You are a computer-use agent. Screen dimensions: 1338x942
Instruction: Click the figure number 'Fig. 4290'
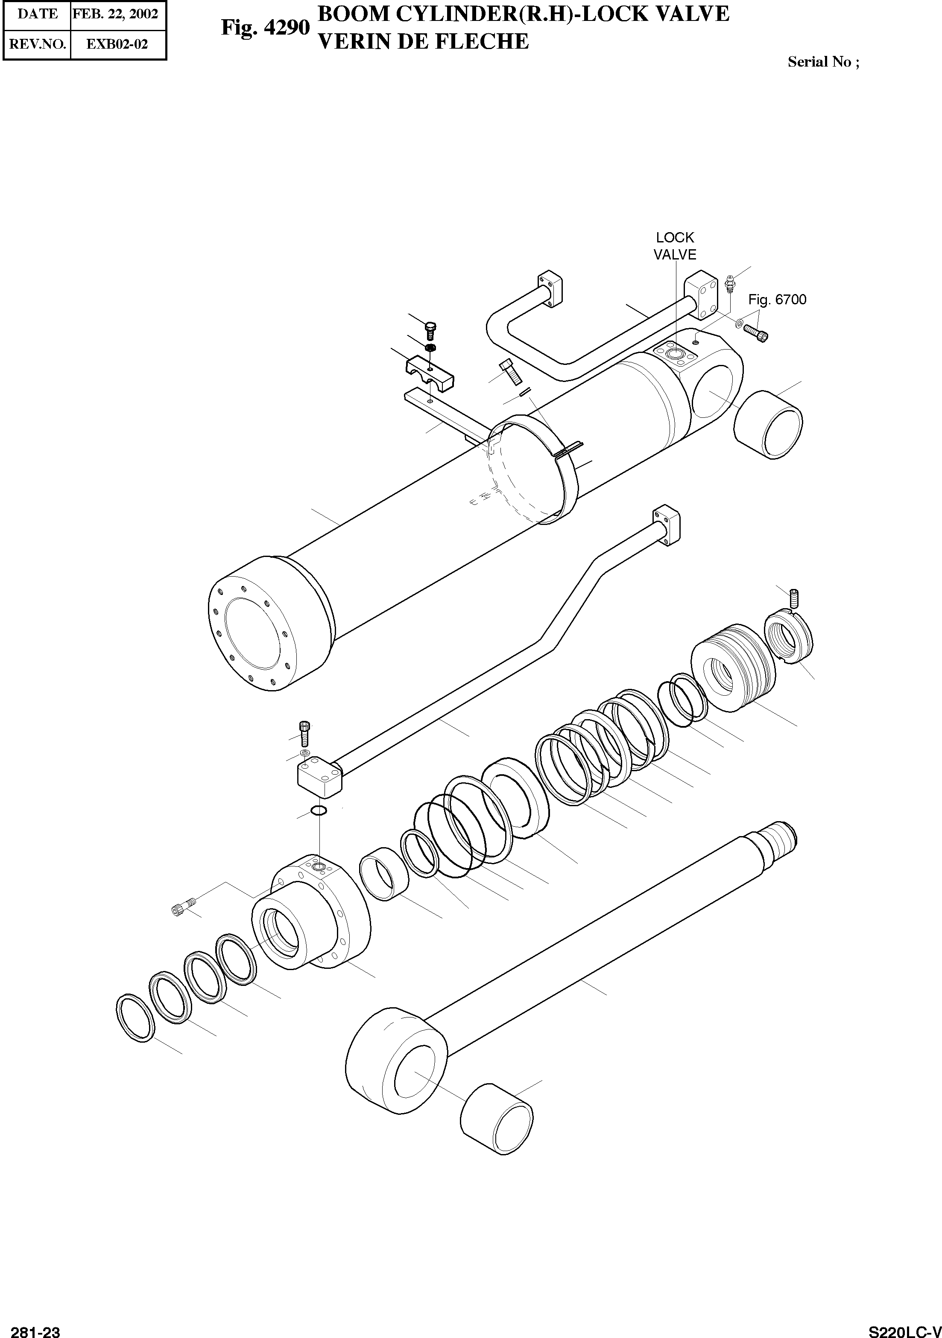coord(265,27)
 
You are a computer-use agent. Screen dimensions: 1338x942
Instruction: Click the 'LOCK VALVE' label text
coord(675,246)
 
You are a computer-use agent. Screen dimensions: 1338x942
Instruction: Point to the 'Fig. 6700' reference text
coord(777,300)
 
